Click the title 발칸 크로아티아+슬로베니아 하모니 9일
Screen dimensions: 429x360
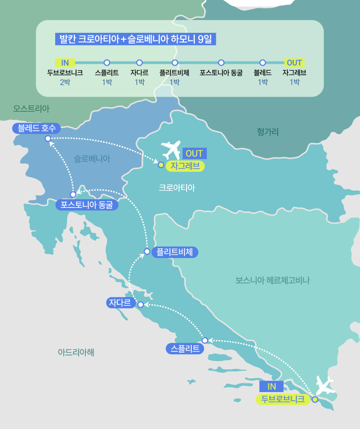tap(135, 39)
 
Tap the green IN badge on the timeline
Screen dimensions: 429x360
tap(65, 62)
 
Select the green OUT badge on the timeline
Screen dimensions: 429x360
tap(294, 62)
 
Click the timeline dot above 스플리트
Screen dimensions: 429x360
tap(107, 62)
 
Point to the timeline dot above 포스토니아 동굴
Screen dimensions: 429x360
tap(221, 62)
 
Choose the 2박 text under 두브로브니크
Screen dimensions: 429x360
tap(65, 82)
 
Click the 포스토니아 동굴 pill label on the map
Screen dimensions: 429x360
tap(87, 205)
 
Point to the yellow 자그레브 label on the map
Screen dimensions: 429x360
tap(185, 166)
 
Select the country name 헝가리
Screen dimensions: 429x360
tap(267, 132)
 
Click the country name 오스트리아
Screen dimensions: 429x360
tap(31, 109)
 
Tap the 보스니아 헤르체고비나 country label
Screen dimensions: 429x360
tap(272, 280)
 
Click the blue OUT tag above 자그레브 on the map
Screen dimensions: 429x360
tap(194, 153)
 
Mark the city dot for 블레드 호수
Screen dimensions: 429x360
tap(48, 138)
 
